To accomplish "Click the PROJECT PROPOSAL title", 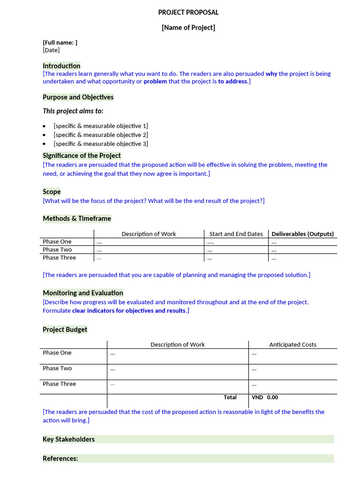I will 188,13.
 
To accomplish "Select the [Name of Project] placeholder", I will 188,28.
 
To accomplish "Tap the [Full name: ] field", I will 60,42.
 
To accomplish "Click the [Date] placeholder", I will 51,50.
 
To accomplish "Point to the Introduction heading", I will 61,66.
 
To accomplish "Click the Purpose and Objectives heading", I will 78,97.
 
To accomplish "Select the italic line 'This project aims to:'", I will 73,111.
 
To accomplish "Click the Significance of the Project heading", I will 82,156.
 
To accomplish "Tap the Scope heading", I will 52,192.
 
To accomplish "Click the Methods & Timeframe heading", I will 77,218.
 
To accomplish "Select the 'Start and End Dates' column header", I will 236,234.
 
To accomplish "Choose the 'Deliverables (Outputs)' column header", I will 302,234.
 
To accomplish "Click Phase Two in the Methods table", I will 57,250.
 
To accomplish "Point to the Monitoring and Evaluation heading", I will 83,293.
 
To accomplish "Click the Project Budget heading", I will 65,330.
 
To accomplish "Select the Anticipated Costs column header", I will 292,345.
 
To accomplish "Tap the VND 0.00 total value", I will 265,397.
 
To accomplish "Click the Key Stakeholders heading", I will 68,439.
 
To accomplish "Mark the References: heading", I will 60,458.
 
